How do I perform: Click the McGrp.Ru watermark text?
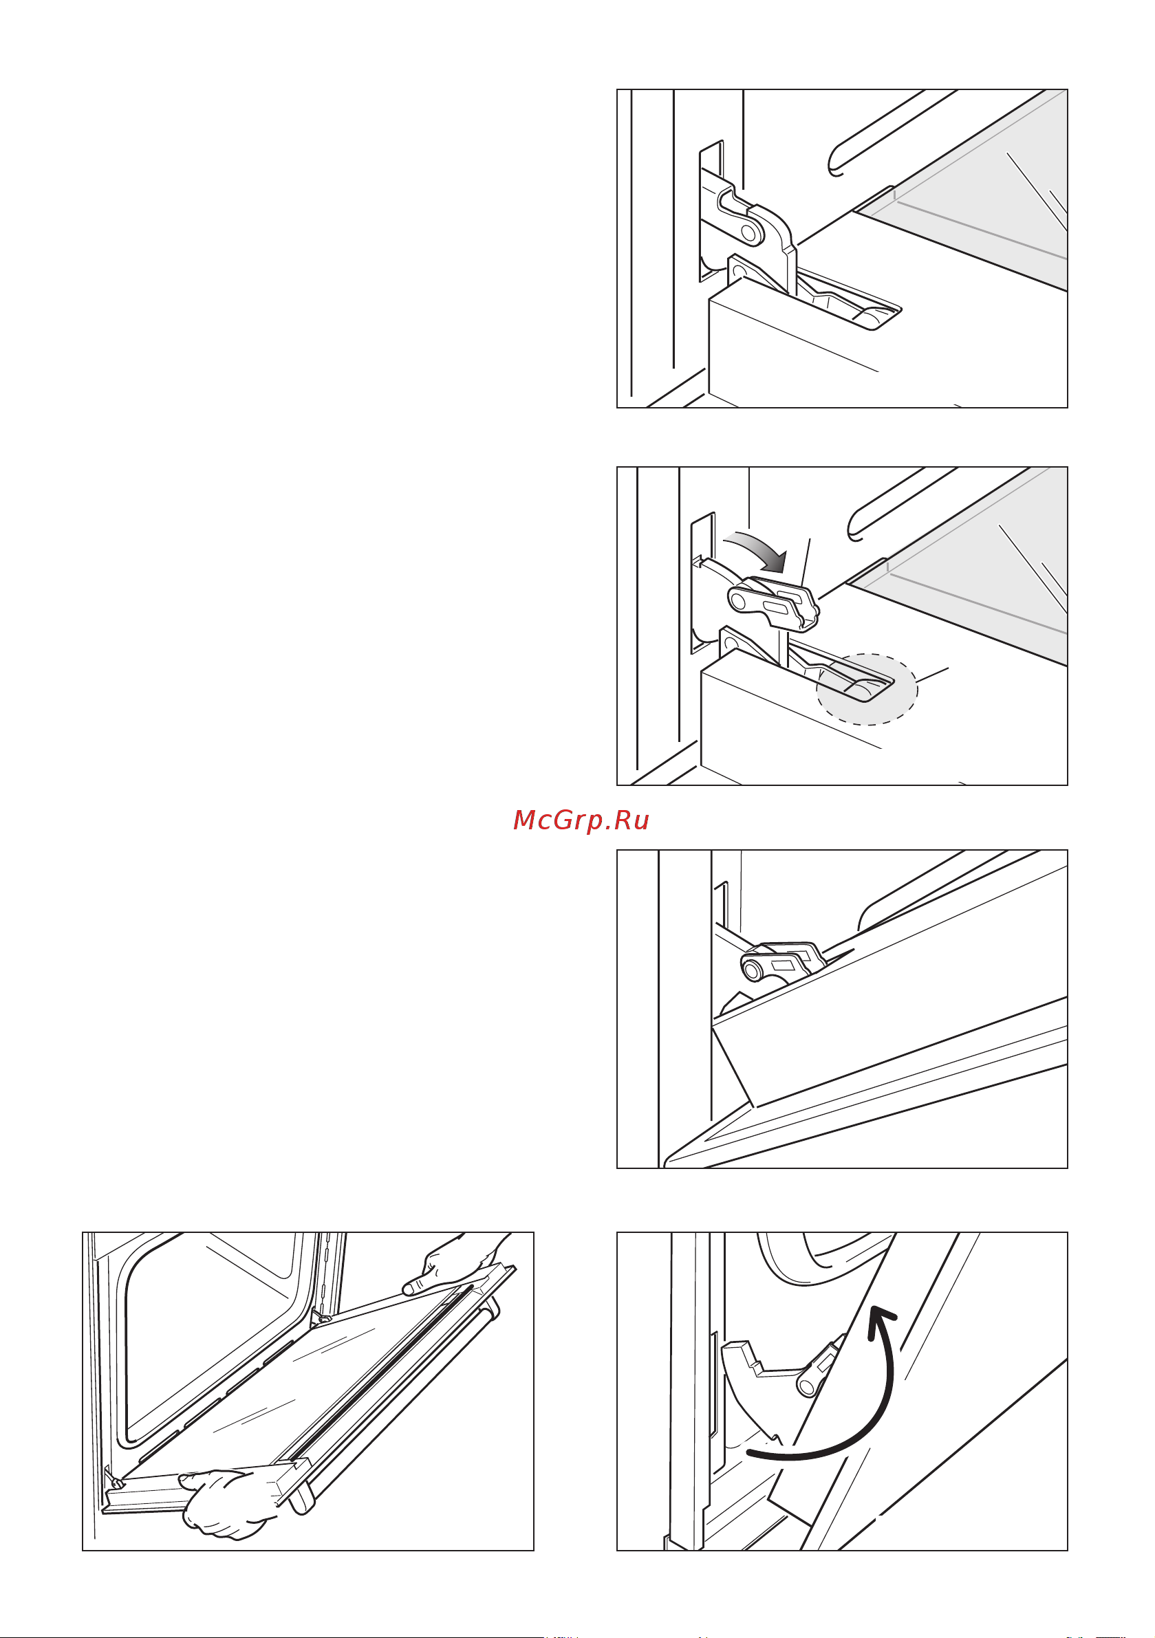click(x=581, y=820)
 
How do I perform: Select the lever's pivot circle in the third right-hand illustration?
click(x=753, y=970)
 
